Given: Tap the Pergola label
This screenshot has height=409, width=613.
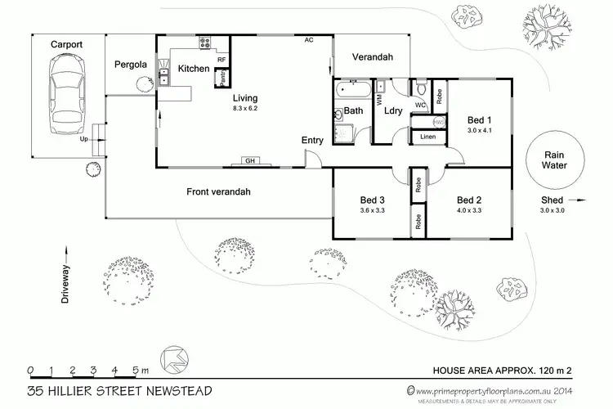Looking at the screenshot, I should [130, 62].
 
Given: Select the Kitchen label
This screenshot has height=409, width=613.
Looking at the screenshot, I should [194, 70].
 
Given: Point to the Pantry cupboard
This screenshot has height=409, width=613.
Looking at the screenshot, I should [222, 77].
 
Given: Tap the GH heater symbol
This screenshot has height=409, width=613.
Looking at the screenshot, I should [250, 161].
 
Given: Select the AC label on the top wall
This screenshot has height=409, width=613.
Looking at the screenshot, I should [309, 39].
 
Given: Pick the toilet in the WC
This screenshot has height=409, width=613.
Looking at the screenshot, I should [420, 88].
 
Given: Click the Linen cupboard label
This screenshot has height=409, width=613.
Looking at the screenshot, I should [427, 137].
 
